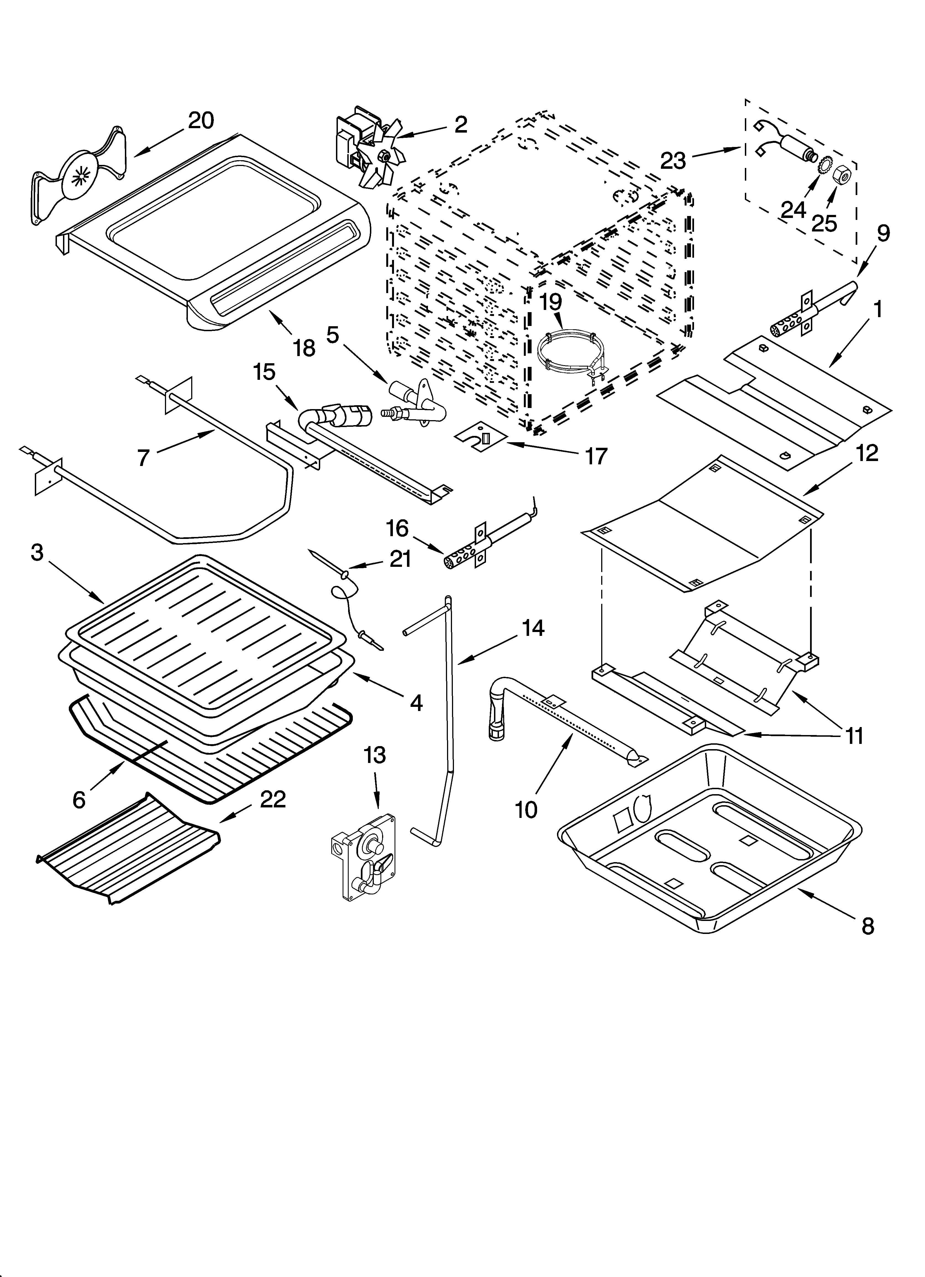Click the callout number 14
[532, 627]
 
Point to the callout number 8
[868, 926]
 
